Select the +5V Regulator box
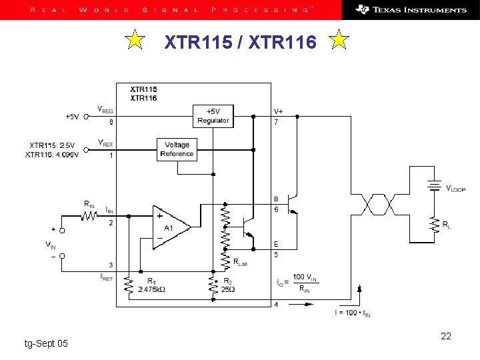[213, 115]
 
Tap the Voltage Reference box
[177, 149]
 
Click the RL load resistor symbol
[436, 224]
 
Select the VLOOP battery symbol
[436, 187]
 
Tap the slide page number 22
[446, 336]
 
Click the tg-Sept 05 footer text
[45, 343]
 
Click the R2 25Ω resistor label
[227, 285]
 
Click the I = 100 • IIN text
[353, 313]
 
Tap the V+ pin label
[278, 111]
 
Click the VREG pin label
[105, 109]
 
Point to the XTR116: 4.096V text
[52, 155]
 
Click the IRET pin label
[105, 276]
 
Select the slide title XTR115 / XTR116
[237, 43]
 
